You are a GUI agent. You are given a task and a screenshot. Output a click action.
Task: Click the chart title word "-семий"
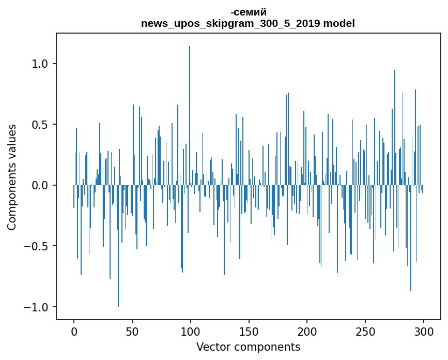click(x=248, y=12)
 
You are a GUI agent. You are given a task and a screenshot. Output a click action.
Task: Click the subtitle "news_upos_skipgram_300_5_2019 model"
click(x=248, y=23)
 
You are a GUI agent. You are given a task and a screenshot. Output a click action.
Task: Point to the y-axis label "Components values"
click(x=12, y=177)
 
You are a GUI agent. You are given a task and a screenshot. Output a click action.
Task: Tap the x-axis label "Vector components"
click(x=248, y=347)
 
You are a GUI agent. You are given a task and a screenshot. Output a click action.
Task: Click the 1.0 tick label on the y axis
click(x=40, y=64)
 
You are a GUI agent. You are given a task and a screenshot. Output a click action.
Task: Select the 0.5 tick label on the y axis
click(x=40, y=125)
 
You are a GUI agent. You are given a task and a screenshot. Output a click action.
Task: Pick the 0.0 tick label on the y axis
click(x=40, y=185)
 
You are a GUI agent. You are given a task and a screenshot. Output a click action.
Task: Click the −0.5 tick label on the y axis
click(x=37, y=246)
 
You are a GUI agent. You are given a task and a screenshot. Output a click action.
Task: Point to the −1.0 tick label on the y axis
click(x=37, y=307)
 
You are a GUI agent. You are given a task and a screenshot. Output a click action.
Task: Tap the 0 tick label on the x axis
click(x=74, y=332)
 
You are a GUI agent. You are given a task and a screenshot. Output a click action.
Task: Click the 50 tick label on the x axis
click(x=132, y=332)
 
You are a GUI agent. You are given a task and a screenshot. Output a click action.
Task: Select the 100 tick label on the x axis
click(x=191, y=332)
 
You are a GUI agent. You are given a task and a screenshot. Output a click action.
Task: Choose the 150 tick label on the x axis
click(x=249, y=332)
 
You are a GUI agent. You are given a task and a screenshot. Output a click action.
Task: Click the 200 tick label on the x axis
click(x=307, y=332)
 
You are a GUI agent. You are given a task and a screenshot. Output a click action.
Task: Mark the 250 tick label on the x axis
click(x=365, y=332)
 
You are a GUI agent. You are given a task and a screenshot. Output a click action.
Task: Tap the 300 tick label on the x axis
click(x=424, y=332)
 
